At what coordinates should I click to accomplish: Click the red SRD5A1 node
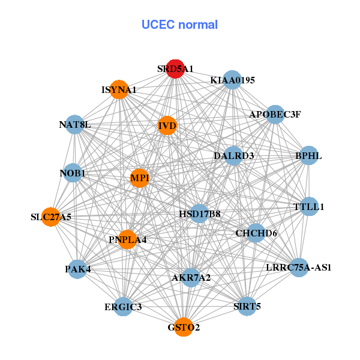coord(175,69)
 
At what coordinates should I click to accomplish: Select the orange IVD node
coord(167,125)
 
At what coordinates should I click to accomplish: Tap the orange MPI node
coord(139,178)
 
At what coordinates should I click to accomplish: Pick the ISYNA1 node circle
coord(119,89)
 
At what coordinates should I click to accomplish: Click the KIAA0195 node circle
coord(232,80)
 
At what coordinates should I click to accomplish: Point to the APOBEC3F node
coord(275,115)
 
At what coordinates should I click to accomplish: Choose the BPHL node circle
coord(309,155)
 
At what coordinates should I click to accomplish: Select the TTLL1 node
coord(309,206)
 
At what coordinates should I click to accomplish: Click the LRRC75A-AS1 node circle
coord(299,268)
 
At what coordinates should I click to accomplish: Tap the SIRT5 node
coord(247,306)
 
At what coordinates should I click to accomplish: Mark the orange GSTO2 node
coord(184,327)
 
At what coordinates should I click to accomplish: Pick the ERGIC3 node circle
coord(123,307)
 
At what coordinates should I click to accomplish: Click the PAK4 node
coord(77,269)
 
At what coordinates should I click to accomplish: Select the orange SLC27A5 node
coord(51,217)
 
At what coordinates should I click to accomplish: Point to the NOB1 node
coord(73,173)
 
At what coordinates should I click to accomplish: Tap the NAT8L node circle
coord(75,124)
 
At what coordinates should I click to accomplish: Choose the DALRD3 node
coord(233,155)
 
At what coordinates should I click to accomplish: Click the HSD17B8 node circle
coord(200,214)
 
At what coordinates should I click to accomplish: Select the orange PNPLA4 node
coord(127,239)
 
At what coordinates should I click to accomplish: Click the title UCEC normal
coord(179,25)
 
